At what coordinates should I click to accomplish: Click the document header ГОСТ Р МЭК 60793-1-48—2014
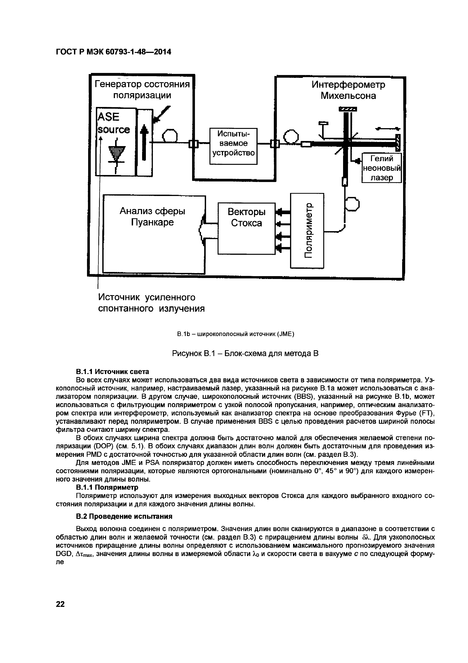click(x=113, y=52)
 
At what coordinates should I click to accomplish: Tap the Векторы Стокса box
click(x=246, y=228)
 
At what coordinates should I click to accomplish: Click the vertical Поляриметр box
click(x=307, y=230)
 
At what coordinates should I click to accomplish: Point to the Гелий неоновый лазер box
click(x=382, y=168)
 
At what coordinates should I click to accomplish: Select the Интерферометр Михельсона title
click(x=348, y=90)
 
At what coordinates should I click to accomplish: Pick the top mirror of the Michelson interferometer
click(x=348, y=109)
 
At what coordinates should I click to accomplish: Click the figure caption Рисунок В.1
click(x=245, y=353)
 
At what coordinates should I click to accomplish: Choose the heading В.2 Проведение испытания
click(x=124, y=516)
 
